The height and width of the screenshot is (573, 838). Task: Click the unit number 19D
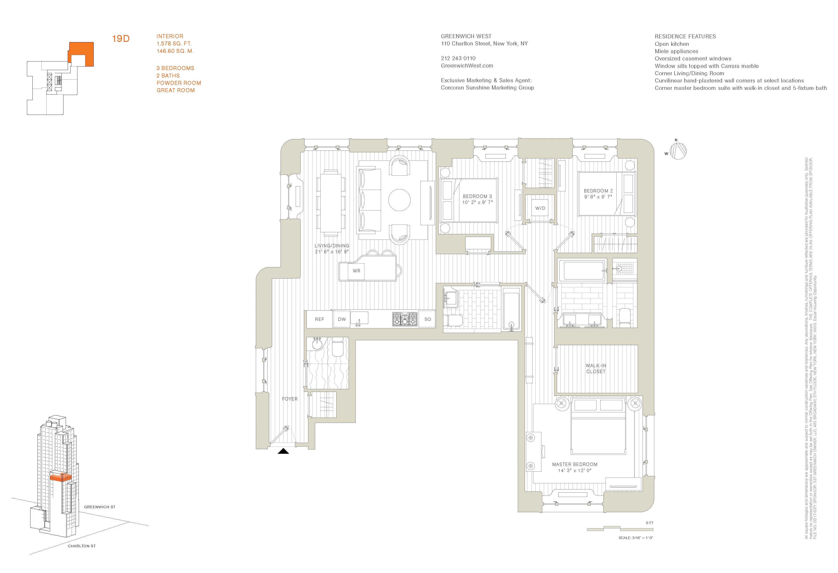point(121,39)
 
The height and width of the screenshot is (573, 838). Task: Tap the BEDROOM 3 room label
point(477,196)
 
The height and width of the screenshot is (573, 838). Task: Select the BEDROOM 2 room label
point(598,191)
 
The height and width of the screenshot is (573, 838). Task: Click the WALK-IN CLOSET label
point(596,368)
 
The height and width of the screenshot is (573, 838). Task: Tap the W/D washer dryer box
point(540,208)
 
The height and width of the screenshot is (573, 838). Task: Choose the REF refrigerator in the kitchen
point(320,319)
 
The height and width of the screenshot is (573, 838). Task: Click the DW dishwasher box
point(342,319)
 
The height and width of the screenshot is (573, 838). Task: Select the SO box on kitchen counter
point(428,319)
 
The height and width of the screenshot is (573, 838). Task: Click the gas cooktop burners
point(405,319)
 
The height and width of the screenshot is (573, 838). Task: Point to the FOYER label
point(290,399)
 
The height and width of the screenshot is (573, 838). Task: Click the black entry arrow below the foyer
point(283,451)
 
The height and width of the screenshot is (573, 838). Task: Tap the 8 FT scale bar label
point(649,523)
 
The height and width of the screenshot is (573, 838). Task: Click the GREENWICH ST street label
point(99,507)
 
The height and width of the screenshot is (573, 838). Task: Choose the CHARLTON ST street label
point(82,546)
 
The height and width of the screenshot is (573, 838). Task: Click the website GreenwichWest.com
point(467,66)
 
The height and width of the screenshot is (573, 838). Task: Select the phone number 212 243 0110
point(458,58)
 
